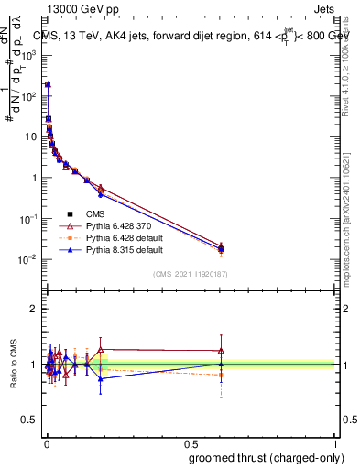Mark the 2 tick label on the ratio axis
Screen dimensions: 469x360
[x=33, y=309]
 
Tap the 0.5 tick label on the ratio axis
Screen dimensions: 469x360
[x=30, y=420]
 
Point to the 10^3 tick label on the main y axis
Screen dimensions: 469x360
[x=28, y=55]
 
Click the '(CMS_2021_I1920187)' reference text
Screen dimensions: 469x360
[x=190, y=274]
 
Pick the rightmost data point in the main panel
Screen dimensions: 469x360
[x=221, y=247]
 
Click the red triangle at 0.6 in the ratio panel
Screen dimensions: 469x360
[x=221, y=350]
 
